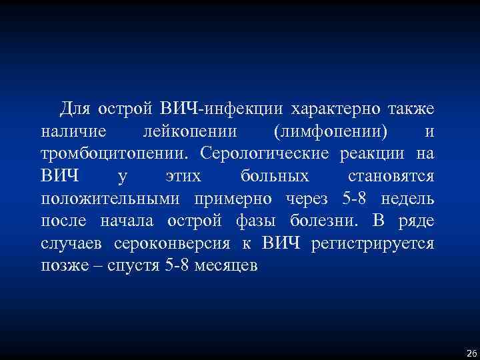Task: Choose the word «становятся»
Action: click(x=391, y=177)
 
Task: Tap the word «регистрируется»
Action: click(x=373, y=245)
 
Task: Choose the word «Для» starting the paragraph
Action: click(x=75, y=108)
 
